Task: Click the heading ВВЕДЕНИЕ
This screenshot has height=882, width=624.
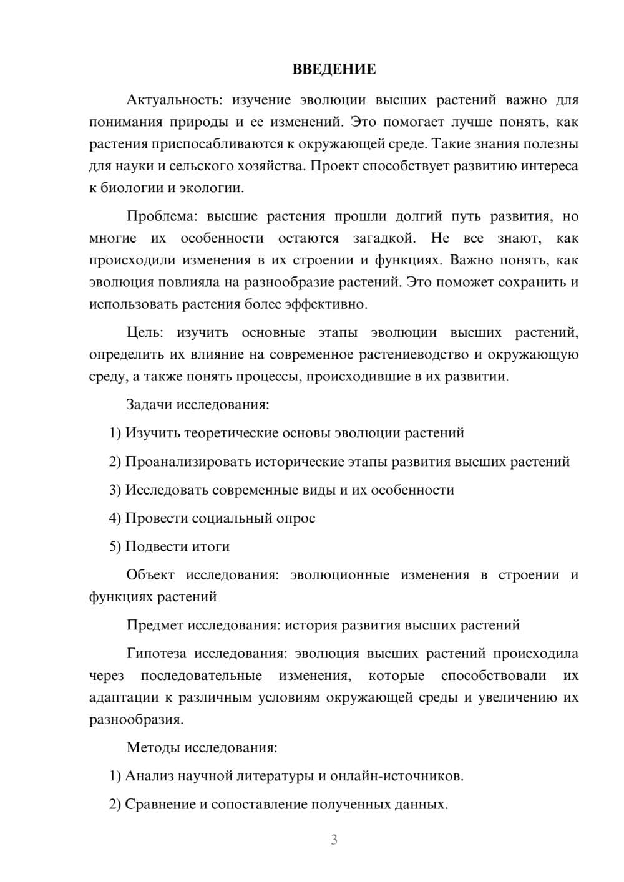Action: (x=334, y=69)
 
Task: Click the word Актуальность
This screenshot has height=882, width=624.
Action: (x=174, y=100)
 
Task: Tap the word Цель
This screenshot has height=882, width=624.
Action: (x=144, y=332)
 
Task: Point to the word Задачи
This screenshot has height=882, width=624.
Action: (x=149, y=404)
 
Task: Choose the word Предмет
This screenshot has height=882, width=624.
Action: (x=155, y=625)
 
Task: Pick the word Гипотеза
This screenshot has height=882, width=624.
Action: (x=156, y=654)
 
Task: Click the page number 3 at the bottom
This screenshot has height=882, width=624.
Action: (x=334, y=840)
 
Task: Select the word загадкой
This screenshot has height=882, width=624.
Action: (x=384, y=238)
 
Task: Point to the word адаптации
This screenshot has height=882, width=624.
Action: (x=125, y=697)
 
